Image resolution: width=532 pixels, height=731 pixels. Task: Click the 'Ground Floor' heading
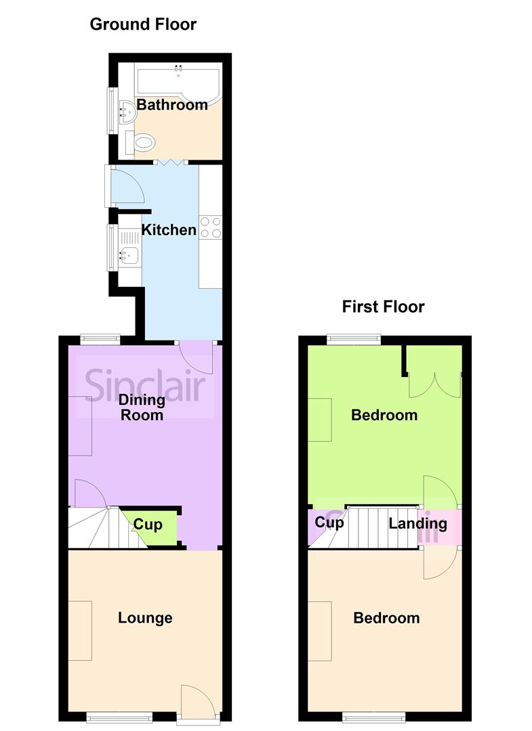pyautogui.click(x=143, y=25)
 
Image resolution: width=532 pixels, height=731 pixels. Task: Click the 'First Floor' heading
pyautogui.click(x=383, y=307)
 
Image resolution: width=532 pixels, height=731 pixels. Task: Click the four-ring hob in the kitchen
pyautogui.click(x=210, y=227)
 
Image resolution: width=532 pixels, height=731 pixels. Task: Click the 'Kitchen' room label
pyautogui.click(x=169, y=230)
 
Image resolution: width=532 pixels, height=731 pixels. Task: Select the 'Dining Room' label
pyautogui.click(x=142, y=407)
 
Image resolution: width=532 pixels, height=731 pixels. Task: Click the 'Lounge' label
pyautogui.click(x=145, y=618)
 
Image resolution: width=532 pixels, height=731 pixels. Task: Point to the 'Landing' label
pyautogui.click(x=417, y=523)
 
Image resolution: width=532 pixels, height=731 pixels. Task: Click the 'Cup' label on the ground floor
pyautogui.click(x=147, y=525)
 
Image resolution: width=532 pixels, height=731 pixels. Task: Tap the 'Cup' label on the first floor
pyautogui.click(x=329, y=523)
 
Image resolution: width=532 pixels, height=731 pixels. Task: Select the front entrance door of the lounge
pyautogui.click(x=197, y=701)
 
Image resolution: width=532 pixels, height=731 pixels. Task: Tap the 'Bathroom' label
pyautogui.click(x=172, y=105)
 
